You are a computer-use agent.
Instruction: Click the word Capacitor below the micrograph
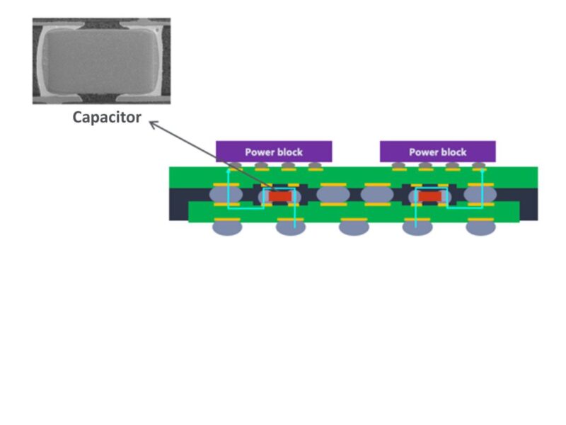coord(107,118)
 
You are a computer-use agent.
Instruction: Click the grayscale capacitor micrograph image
coord(101,61)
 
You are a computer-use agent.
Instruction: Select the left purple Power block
coord(274,152)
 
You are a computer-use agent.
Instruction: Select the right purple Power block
coord(437,152)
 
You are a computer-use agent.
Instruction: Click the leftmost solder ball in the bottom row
coord(227,227)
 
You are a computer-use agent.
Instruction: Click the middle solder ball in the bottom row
coord(354,227)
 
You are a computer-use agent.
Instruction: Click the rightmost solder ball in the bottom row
coord(480,227)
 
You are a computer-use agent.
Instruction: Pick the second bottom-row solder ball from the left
coord(290,227)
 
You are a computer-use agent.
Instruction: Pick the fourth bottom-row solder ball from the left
coord(417,227)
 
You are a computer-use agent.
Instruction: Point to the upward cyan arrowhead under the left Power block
coord(227,171)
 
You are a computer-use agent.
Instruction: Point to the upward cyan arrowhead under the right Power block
coord(482,171)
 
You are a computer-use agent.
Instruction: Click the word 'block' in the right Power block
coord(454,152)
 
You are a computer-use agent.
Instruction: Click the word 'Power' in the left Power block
coord(259,152)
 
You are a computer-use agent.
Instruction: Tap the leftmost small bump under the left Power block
coord(235,166)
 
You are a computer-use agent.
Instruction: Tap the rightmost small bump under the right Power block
coord(479,166)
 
